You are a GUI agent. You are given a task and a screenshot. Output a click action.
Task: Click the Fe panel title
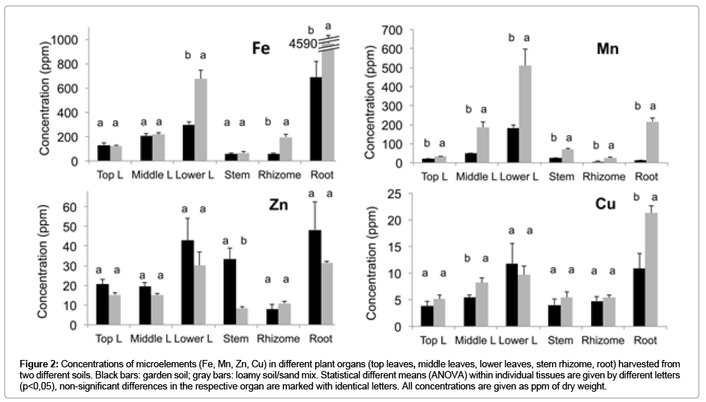pos(259,49)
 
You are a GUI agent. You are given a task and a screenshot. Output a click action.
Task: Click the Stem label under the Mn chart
pos(561,176)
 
